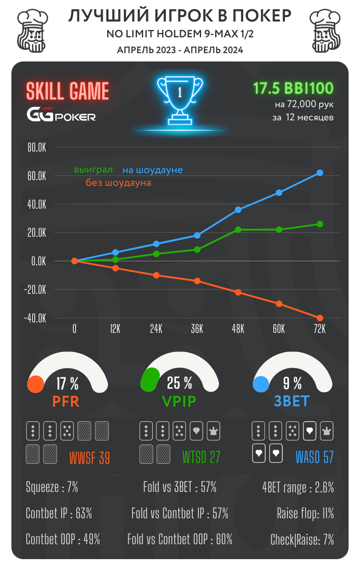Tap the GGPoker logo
(x=61, y=116)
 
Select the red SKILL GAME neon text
(x=67, y=91)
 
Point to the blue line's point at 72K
(x=320, y=173)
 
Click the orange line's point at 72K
(x=320, y=318)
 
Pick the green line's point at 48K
(x=238, y=230)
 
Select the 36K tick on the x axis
(x=197, y=329)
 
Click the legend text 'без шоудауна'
(x=118, y=183)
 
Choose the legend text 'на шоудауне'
(x=152, y=170)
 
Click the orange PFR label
(x=66, y=401)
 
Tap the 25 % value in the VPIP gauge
(x=180, y=383)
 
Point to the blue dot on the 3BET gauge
(x=261, y=384)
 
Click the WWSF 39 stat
(x=89, y=458)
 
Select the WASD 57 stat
(x=314, y=457)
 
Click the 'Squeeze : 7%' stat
(x=52, y=487)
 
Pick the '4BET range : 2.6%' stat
(x=298, y=487)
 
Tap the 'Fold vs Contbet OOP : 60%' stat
(x=180, y=539)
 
